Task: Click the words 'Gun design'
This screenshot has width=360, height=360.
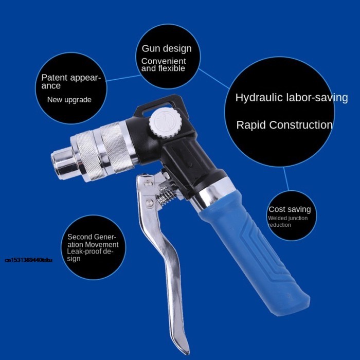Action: [x=167, y=49]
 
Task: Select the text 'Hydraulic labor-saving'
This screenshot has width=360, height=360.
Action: [x=291, y=98]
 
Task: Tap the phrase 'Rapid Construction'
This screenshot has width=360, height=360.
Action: [x=284, y=125]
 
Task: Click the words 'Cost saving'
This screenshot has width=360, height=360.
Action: [x=290, y=209]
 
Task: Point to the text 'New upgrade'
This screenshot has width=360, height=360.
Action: [x=69, y=100]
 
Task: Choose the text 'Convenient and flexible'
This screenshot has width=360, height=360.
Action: [x=164, y=65]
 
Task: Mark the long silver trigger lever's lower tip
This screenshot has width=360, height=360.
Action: [x=181, y=346]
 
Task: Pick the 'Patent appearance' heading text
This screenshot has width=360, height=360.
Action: [x=71, y=82]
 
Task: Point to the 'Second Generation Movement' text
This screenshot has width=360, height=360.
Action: [x=93, y=241]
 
